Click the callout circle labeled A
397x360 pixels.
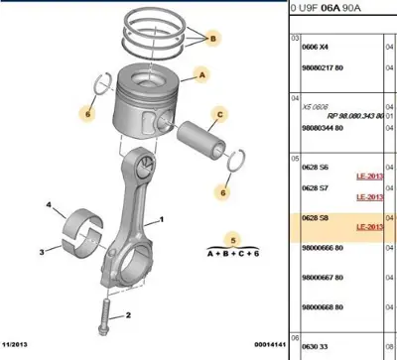202,73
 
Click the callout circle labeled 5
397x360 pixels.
234,238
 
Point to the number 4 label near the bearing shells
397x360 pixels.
48,205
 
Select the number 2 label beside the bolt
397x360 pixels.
129,315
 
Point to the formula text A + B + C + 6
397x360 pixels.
234,254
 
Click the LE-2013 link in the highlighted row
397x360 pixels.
369,227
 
